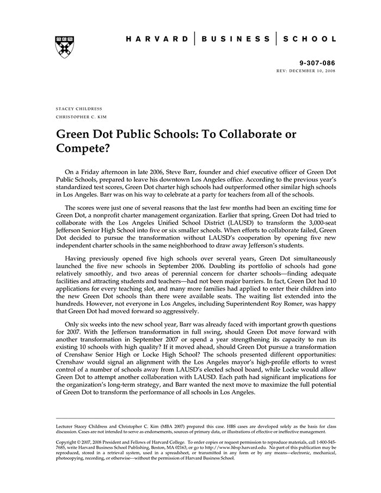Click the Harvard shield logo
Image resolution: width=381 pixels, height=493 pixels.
tap(64, 46)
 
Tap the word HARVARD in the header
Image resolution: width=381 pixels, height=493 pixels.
tap(157, 39)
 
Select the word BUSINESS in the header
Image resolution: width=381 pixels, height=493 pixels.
tap(235, 39)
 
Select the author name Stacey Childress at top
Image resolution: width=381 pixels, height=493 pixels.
tap(79, 109)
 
